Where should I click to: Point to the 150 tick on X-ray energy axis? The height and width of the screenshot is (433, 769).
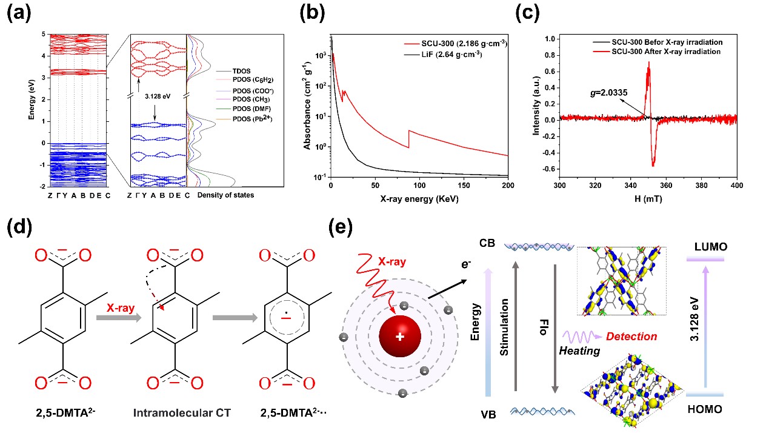[x=464, y=184]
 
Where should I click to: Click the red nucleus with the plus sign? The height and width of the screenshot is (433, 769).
[x=399, y=337]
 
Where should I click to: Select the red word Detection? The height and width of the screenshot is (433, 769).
[x=631, y=336]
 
